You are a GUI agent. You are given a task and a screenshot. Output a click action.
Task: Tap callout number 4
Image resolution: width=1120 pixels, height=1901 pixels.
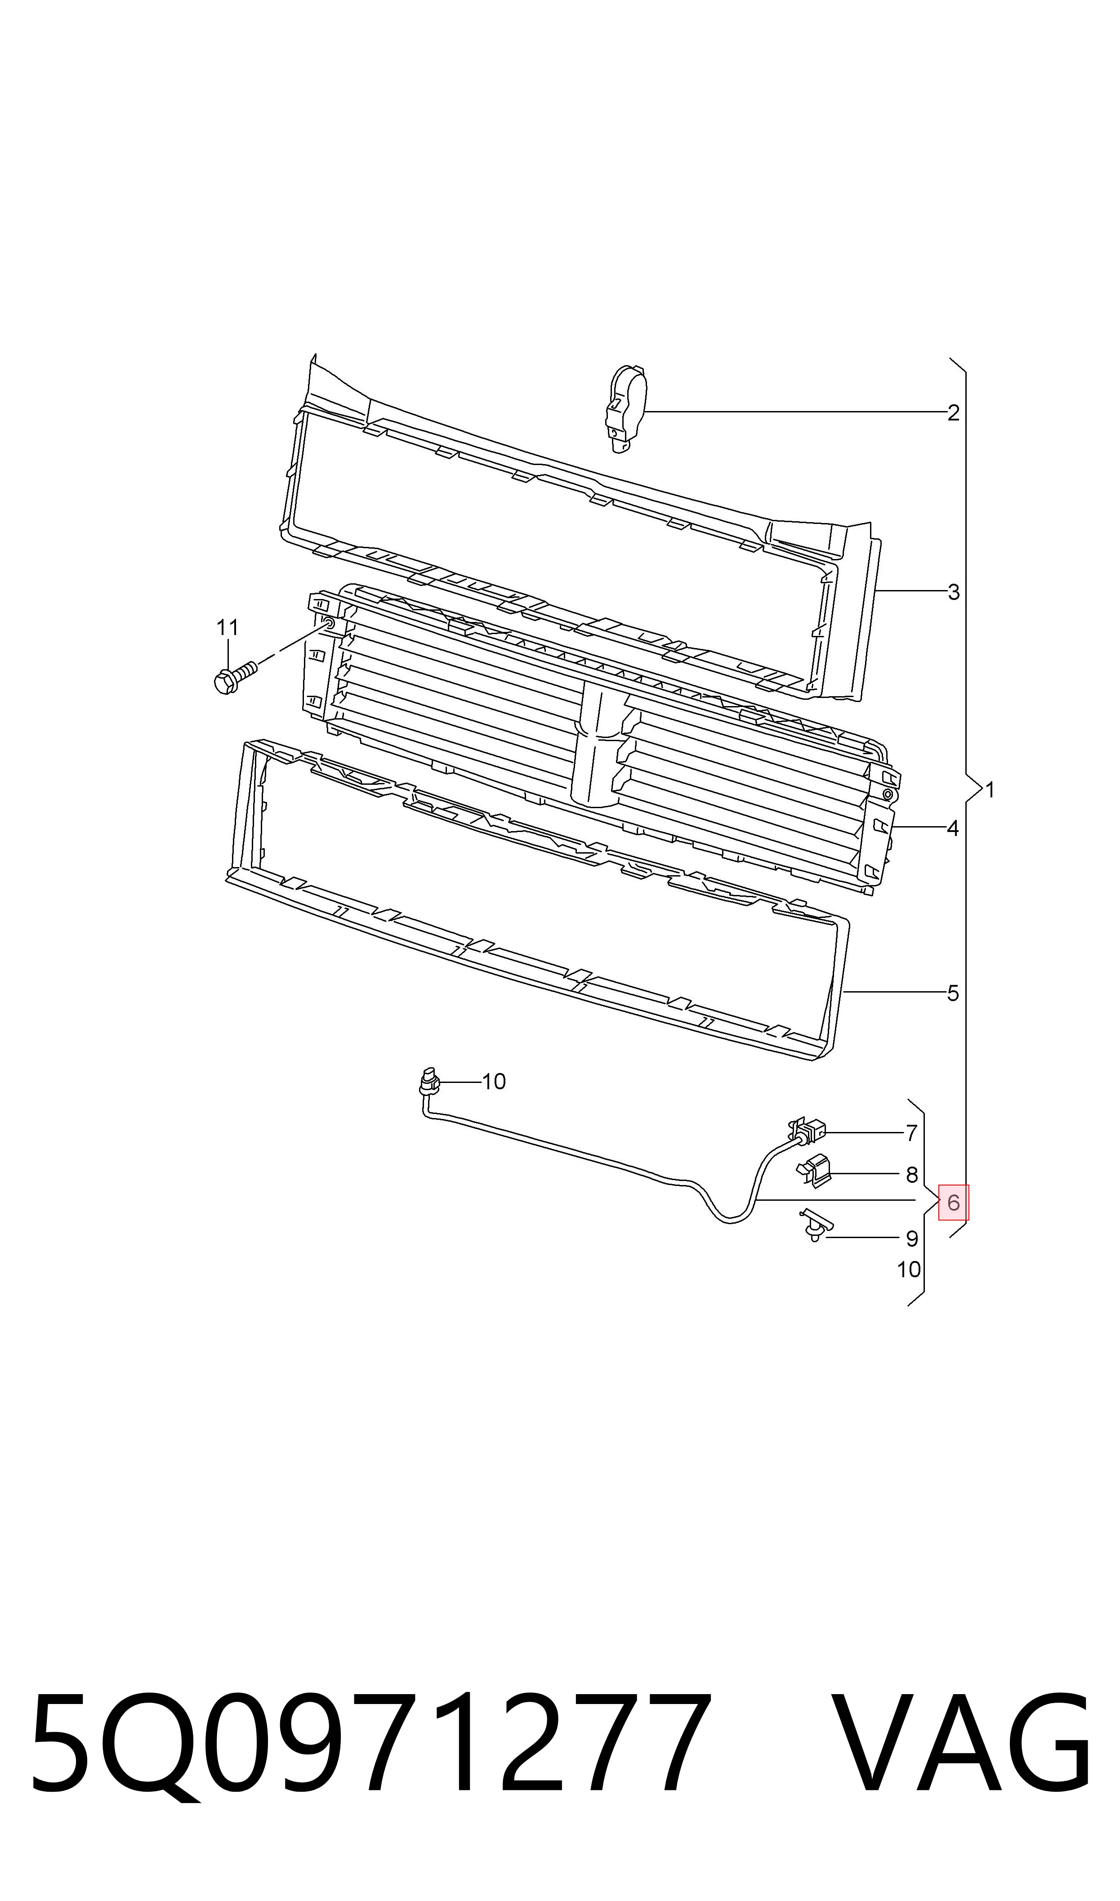(x=953, y=828)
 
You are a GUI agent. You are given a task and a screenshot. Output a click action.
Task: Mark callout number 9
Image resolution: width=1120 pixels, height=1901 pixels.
(x=912, y=1239)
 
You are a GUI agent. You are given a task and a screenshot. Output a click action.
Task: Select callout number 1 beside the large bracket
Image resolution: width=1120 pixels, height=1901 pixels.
(x=990, y=790)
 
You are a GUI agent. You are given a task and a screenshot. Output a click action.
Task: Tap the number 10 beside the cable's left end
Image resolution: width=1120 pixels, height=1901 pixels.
(x=494, y=1082)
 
